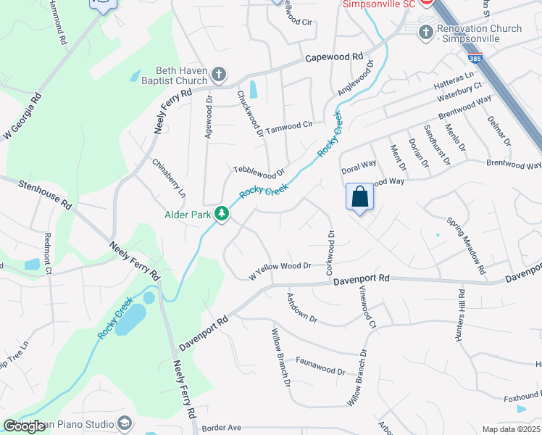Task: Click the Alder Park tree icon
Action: (x=224, y=214)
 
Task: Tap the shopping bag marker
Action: (x=360, y=196)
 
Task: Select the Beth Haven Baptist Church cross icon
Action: (x=219, y=75)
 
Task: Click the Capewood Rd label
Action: (x=333, y=57)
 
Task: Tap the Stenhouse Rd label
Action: (x=46, y=195)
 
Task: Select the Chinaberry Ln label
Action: (x=169, y=178)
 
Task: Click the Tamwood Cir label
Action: (x=289, y=128)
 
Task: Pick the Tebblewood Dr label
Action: (x=259, y=172)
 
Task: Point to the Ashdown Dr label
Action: (x=302, y=307)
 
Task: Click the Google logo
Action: (x=25, y=426)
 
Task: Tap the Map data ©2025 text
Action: (x=510, y=429)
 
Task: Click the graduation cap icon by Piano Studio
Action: (x=125, y=423)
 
